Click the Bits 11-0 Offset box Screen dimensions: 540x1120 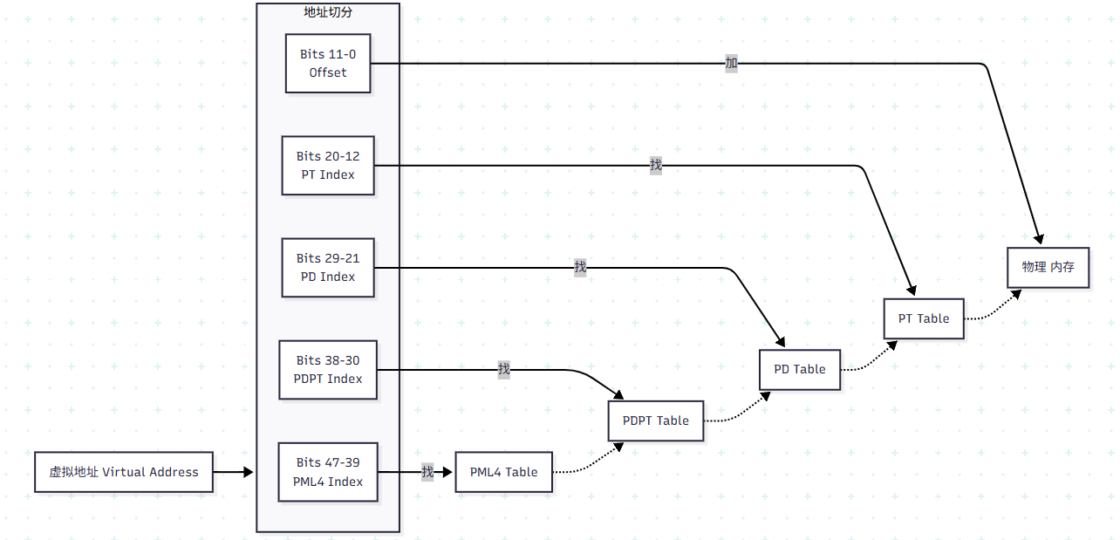(x=328, y=64)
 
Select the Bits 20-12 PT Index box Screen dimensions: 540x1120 (x=328, y=166)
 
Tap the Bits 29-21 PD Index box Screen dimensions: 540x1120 (x=328, y=268)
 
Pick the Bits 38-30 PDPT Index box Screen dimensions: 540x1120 (x=328, y=370)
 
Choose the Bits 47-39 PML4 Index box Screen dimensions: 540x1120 (x=328, y=472)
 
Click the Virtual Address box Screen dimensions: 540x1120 (x=124, y=472)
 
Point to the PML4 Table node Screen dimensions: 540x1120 (x=504, y=472)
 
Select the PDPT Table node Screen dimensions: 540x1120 (x=656, y=420)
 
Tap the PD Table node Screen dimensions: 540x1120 (x=800, y=369)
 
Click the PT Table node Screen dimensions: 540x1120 (x=924, y=318)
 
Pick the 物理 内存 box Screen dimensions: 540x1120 (x=1048, y=267)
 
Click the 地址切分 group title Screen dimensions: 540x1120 (x=328, y=12)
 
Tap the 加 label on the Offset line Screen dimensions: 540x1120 (x=732, y=63)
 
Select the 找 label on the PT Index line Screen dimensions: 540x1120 (x=656, y=165)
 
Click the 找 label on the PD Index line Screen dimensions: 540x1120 (x=580, y=267)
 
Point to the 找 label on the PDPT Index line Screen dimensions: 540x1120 (x=504, y=369)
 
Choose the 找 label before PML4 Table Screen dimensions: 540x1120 (x=427, y=472)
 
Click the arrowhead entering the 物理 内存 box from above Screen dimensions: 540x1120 (x=1039, y=238)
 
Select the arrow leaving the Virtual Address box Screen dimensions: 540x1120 (x=233, y=472)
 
